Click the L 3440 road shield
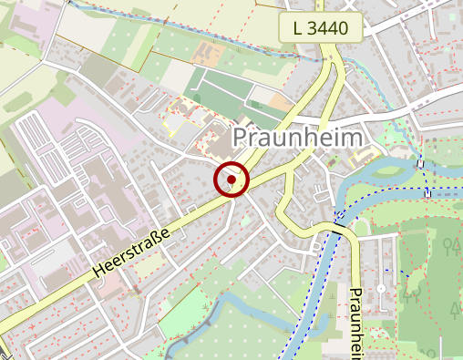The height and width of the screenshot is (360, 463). coord(322,28)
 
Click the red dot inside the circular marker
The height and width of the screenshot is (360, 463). coord(231,180)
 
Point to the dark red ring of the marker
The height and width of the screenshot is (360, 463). coord(231,164)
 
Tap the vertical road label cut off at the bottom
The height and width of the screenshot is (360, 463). coord(356,324)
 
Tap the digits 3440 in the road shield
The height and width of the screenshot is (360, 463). coord(329,28)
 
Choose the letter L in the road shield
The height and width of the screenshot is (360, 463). coord(298,28)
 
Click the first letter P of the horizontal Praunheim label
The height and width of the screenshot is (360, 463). coord(242,138)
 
